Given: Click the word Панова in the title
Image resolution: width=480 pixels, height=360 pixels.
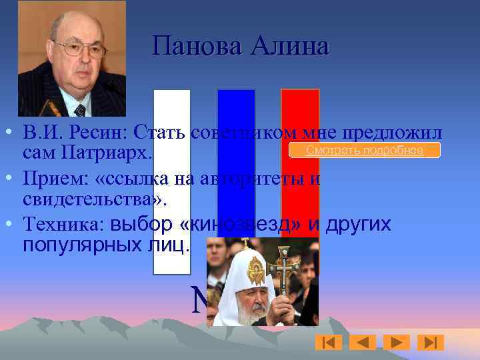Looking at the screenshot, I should point(198,47).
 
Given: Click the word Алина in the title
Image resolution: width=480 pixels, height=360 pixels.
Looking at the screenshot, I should point(291,47).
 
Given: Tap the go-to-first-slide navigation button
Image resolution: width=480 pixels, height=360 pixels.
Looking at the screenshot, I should point(328,342).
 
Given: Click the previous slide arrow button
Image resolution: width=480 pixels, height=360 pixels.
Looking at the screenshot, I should point(363,342).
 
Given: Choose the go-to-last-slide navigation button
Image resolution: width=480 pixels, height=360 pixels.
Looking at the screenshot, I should point(430,342).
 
